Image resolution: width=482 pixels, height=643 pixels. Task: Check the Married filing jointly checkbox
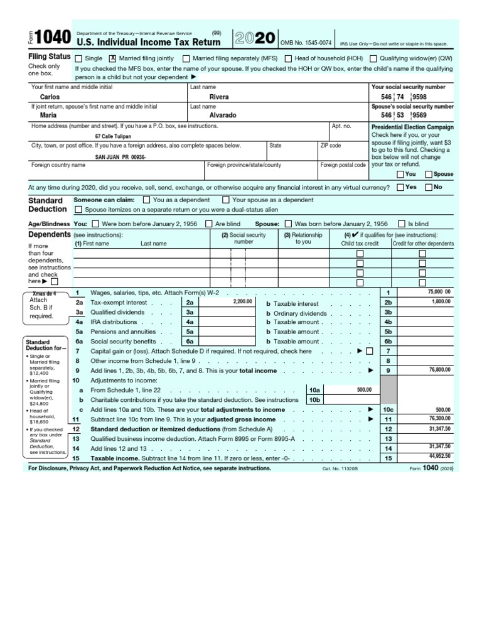coord(113,58)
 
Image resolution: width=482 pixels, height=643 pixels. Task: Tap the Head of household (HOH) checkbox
coord(288,58)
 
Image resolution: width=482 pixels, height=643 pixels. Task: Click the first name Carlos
coord(50,97)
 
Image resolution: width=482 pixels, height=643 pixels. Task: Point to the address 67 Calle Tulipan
coord(113,136)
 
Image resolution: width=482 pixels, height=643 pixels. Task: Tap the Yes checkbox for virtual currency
coord(400,187)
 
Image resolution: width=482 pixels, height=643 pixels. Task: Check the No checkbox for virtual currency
coord(429,187)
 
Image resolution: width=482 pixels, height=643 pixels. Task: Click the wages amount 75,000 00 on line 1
coord(439,292)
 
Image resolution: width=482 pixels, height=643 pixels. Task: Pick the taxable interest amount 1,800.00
coord(441,301)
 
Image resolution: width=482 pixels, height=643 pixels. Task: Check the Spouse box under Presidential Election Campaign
coord(429,174)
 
